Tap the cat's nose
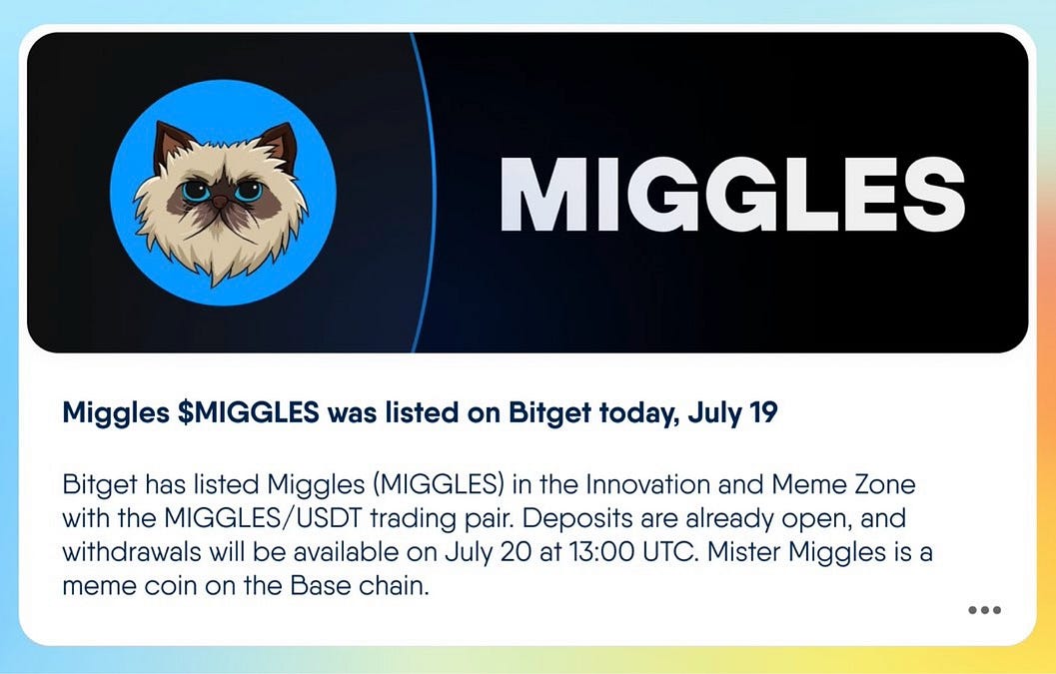point(220,203)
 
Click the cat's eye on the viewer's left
point(195,189)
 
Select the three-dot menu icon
point(984,610)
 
